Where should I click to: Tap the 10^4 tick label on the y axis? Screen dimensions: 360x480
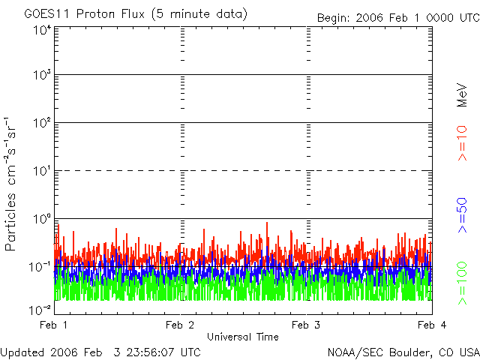click(x=40, y=29)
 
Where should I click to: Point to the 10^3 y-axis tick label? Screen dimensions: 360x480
click(x=40, y=74)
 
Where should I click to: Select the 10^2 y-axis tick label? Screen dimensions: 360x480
click(x=40, y=122)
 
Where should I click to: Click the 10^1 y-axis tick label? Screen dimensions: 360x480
click(x=40, y=170)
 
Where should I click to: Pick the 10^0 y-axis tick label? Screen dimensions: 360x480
click(x=40, y=218)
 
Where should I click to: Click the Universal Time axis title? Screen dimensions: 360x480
click(x=242, y=337)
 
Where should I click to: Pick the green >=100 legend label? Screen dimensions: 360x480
click(x=463, y=283)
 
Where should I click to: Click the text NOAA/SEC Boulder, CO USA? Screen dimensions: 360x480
click(x=403, y=352)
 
